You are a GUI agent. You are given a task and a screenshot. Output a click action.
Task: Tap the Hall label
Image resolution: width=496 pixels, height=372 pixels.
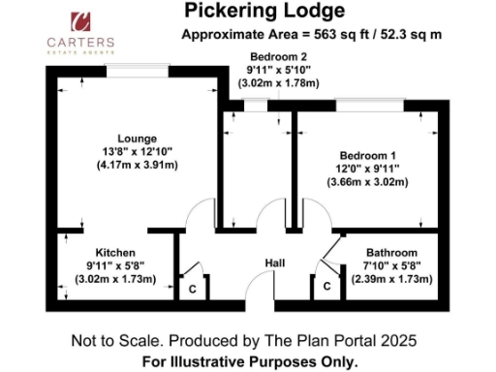[x=275, y=263]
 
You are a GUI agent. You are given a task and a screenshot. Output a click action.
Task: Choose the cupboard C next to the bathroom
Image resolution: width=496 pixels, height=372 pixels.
[x=326, y=287]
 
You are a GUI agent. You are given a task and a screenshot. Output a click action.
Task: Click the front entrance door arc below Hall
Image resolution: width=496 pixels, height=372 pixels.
[x=260, y=287]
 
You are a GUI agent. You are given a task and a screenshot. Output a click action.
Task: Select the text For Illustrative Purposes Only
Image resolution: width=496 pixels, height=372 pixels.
[x=248, y=361]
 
